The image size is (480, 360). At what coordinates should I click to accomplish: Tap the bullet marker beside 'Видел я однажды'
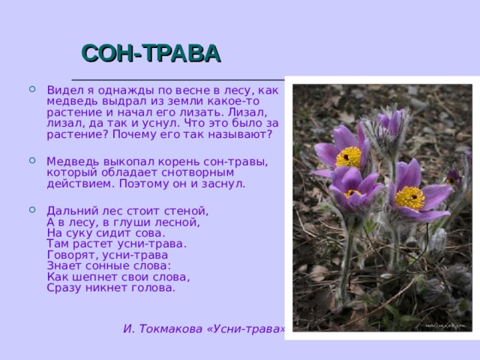pos(32,89)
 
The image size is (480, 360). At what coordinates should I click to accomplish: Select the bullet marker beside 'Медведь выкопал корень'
pos(32,160)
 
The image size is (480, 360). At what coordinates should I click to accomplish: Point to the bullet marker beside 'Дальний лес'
pos(32,210)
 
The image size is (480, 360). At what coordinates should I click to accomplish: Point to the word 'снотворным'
pos(197,172)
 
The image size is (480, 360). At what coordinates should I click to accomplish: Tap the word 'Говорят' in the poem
pos(73,255)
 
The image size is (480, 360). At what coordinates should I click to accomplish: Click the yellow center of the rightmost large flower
pos(409,198)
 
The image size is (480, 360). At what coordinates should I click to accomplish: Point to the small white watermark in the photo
pos(445,326)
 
